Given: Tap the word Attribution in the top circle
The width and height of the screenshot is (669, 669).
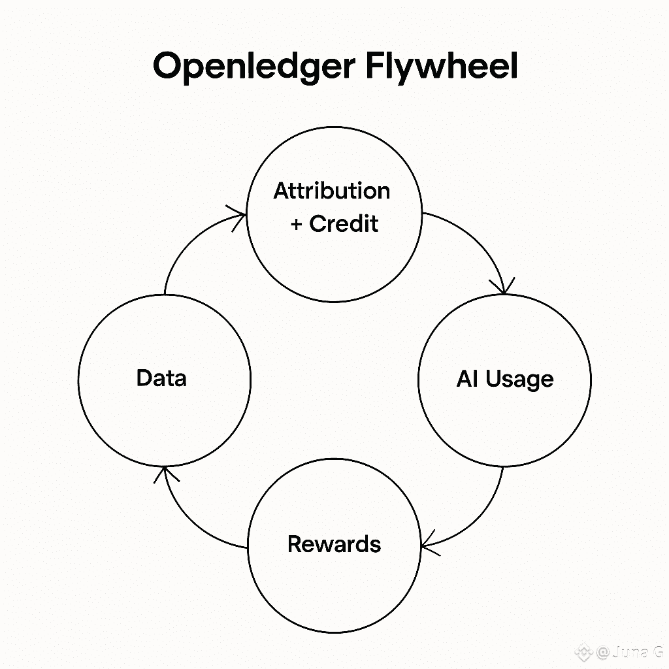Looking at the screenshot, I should pyautogui.click(x=332, y=191).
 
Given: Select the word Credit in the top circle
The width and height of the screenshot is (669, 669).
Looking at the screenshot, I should pyautogui.click(x=344, y=224).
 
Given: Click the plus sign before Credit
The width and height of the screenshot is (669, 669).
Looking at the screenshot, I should pyautogui.click(x=297, y=225).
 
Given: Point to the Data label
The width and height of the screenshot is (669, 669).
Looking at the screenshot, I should pyautogui.click(x=161, y=378).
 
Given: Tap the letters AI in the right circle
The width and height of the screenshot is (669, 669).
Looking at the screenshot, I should pyautogui.click(x=468, y=379).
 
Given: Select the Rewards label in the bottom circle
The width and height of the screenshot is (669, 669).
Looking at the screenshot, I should pyautogui.click(x=334, y=544).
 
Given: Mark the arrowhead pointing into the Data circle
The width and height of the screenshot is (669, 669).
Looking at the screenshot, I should pyautogui.click(x=164, y=472).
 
